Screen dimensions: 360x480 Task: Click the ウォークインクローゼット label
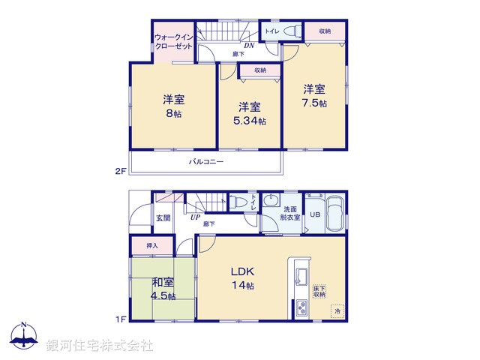point(173,40)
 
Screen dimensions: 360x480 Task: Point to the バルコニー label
point(205,161)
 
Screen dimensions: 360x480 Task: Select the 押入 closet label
point(151,245)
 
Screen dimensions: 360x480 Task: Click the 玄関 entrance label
point(163,218)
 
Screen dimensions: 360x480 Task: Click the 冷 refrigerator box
point(337,310)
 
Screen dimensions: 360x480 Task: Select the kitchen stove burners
point(301,307)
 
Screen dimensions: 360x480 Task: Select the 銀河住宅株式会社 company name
point(99,345)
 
